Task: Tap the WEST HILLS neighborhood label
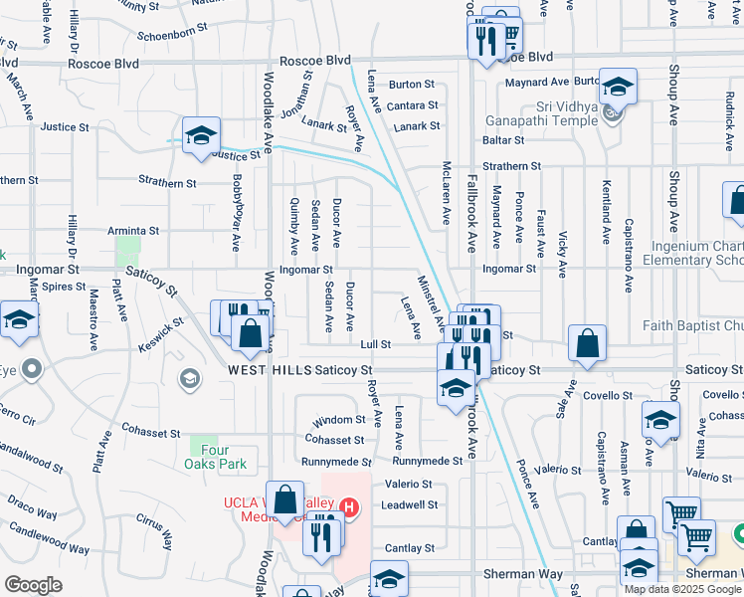263,370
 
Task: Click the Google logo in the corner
32,585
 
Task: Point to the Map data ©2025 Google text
682,589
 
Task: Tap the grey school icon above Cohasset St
187,378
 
